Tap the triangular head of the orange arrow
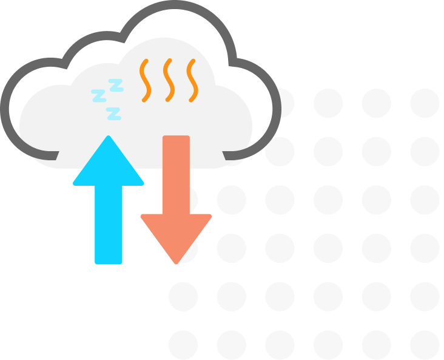click(x=176, y=234)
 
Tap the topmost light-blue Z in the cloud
click(x=116, y=84)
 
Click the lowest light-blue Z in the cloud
click(x=113, y=113)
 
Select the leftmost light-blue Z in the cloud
click(x=98, y=95)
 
